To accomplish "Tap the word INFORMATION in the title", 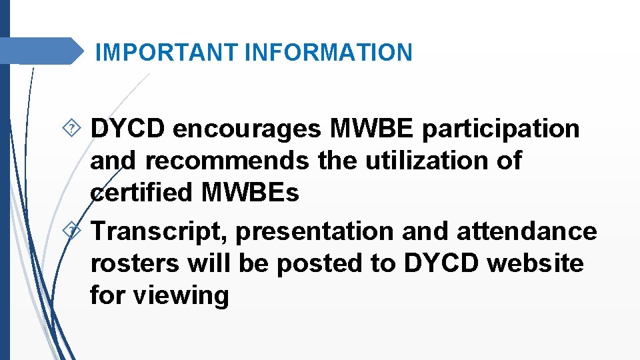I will point(329,52).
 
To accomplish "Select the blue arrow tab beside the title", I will point(41,51).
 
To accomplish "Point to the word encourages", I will point(246,129).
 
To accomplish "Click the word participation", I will point(501,129).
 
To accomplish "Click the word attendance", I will point(527,231).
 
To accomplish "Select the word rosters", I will point(135,263).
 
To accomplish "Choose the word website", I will point(535,263).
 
